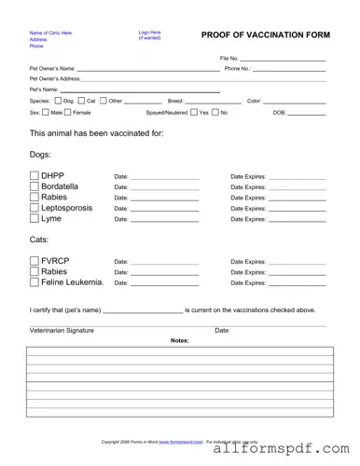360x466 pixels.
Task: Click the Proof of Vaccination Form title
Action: coord(265,34)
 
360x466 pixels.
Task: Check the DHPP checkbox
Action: coord(35,175)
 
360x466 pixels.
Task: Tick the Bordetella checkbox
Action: coord(35,186)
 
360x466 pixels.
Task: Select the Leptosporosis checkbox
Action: coord(35,208)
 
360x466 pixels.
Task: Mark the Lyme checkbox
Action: coord(35,219)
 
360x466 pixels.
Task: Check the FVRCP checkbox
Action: coord(35,261)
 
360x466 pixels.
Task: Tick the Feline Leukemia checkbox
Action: coord(35,282)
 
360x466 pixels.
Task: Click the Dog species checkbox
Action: coord(58,101)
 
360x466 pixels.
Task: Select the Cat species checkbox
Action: coord(81,101)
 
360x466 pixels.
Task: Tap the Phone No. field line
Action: coord(289,69)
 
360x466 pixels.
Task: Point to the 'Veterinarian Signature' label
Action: coord(62,331)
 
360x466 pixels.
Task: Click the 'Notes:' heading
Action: coord(180,341)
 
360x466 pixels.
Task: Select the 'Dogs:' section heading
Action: coord(41,155)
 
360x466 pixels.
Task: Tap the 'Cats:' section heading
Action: coord(40,240)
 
